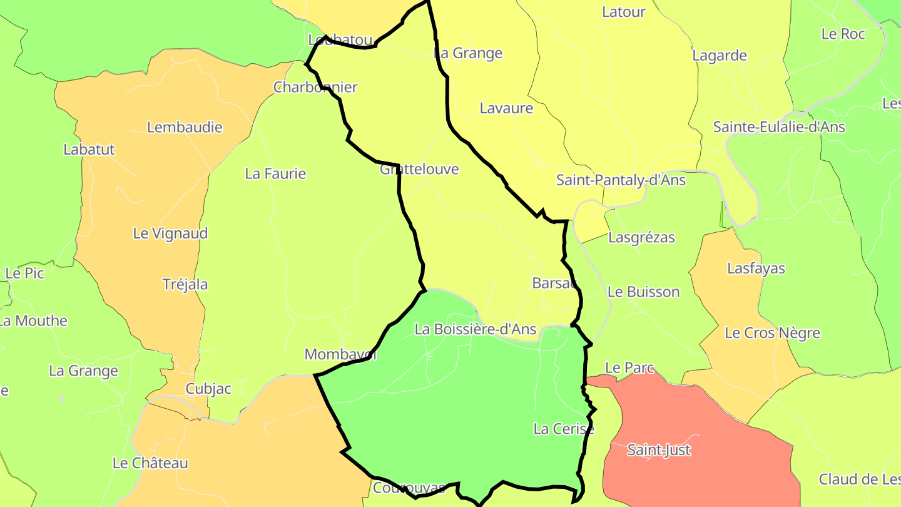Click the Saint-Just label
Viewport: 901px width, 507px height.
tap(659, 450)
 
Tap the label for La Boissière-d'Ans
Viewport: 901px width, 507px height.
tap(476, 329)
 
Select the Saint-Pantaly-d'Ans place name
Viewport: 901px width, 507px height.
tap(621, 180)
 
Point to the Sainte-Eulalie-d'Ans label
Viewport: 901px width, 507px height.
tap(779, 127)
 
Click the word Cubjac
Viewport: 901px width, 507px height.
tap(208, 389)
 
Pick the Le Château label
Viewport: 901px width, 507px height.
tap(150, 463)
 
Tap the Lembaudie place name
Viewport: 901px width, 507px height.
tap(185, 127)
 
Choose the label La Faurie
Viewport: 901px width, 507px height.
tap(275, 173)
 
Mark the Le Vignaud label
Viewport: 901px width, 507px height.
tap(170, 233)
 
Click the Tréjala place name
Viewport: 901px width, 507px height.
tap(185, 284)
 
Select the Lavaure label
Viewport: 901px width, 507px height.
tap(506, 108)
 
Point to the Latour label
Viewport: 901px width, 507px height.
tap(623, 11)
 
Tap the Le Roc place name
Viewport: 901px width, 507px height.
tap(843, 34)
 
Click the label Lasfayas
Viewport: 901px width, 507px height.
tap(756, 269)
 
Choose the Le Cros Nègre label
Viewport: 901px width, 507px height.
tap(772, 333)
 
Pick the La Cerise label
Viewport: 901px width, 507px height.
tap(563, 429)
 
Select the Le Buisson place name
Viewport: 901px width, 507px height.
tap(643, 292)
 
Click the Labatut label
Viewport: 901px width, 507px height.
tap(89, 150)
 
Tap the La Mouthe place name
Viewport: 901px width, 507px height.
tap(33, 321)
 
